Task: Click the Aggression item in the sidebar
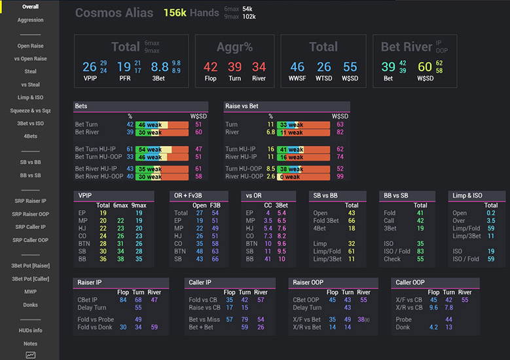[30, 20]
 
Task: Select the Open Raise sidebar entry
[30, 46]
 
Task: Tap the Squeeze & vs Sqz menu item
[30, 111]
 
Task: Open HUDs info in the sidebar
[30, 331]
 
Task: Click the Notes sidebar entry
[30, 344]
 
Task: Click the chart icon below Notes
[30, 355]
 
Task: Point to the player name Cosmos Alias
[114, 13]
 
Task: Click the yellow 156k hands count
[175, 13]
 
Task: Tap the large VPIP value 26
[90, 67]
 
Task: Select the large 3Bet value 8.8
[160, 67]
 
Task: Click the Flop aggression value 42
[210, 67]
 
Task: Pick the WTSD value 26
[323, 67]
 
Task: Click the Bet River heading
[408, 47]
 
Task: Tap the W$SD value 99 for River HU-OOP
[340, 177]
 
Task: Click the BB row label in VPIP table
[83, 259]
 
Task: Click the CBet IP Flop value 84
[123, 300]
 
